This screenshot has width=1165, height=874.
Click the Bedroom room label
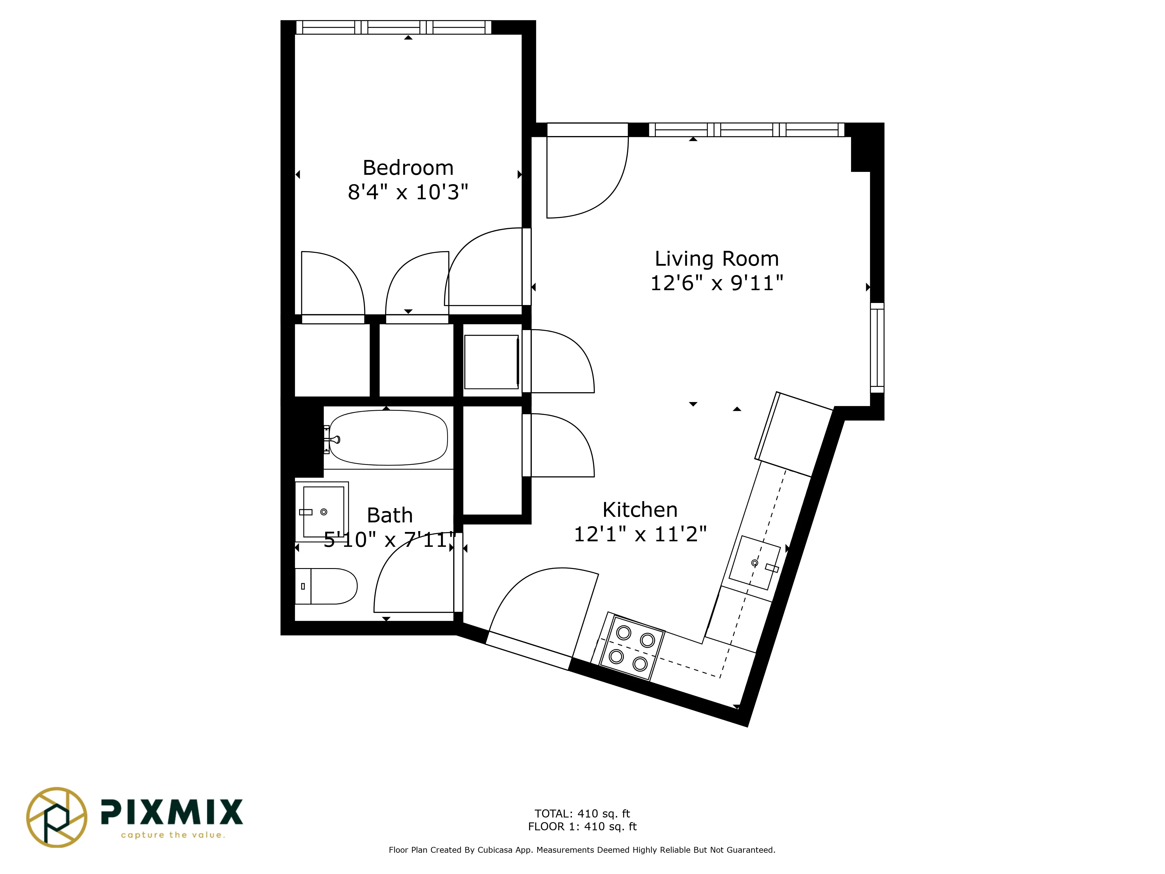point(408,168)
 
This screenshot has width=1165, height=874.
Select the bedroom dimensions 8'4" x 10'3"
point(408,192)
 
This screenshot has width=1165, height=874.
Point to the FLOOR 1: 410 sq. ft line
point(582,827)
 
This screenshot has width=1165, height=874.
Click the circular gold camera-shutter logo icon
point(56,817)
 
